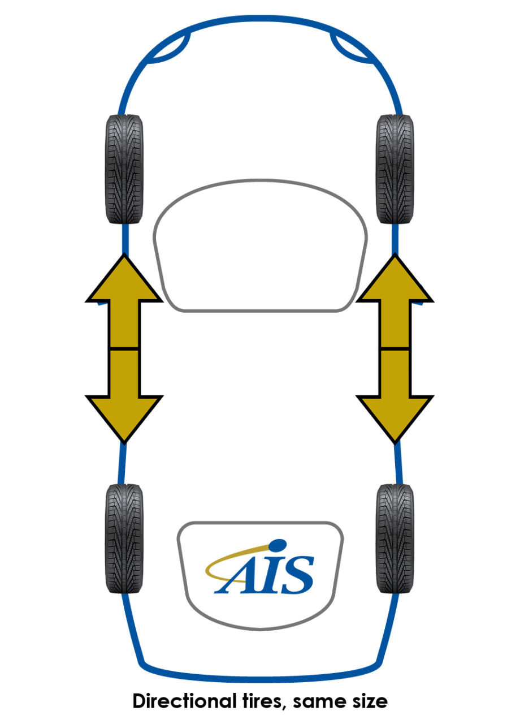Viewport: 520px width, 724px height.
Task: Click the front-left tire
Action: [x=124, y=169]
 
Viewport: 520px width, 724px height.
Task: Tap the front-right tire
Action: [x=395, y=169]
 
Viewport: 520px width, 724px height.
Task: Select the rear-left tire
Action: [x=124, y=538]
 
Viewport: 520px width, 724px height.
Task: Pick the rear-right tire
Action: [x=395, y=538]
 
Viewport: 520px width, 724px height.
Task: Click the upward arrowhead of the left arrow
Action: [x=124, y=283]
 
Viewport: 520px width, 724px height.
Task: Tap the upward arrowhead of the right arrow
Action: [x=395, y=283]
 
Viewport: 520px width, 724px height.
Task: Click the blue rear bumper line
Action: [x=260, y=676]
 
